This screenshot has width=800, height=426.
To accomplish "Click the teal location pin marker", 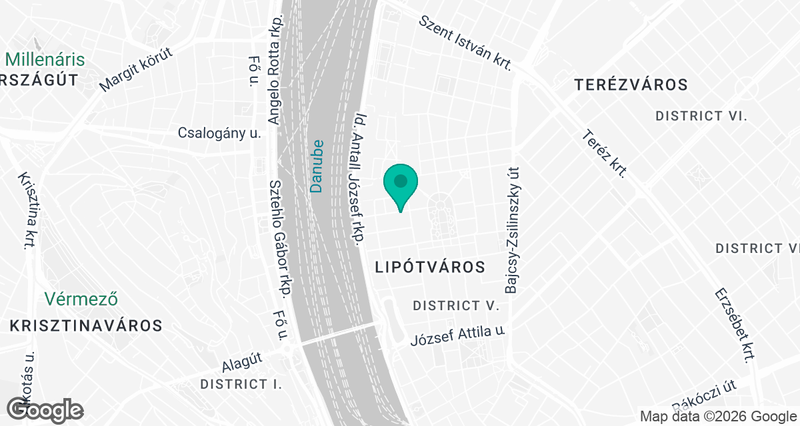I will [401, 182].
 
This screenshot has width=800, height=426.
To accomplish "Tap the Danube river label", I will [317, 166].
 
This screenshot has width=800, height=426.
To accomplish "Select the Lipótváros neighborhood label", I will [429, 267].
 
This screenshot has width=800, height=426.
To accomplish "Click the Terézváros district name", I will [631, 85].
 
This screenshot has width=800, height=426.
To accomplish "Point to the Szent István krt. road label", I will [465, 43].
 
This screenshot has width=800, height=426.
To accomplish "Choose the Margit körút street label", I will [135, 69].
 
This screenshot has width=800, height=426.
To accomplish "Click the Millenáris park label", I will [45, 59].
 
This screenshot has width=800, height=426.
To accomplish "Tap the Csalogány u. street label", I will [219, 132].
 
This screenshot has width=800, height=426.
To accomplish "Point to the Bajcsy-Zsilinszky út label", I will [512, 230].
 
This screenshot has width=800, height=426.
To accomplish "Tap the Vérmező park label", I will [82, 299].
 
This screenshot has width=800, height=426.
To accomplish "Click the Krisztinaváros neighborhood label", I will [86, 325].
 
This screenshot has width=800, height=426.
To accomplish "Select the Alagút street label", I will [243, 362].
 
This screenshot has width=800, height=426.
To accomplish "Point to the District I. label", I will [241, 384].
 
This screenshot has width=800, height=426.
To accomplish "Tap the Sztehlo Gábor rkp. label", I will [280, 238].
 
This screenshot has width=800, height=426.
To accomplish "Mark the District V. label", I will [456, 306].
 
